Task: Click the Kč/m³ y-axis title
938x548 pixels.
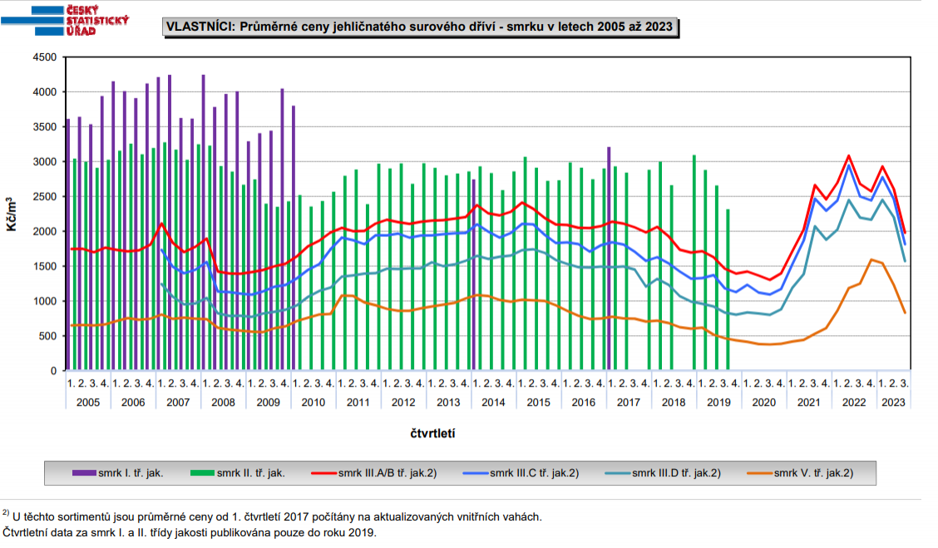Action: [13, 214]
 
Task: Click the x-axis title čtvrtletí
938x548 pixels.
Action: [432, 433]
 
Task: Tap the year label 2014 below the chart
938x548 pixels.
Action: [493, 402]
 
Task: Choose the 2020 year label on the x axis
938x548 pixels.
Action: [763, 402]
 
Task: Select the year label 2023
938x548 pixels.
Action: [893, 402]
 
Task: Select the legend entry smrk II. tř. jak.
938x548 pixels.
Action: [249, 473]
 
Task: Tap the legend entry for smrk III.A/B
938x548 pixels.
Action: [387, 473]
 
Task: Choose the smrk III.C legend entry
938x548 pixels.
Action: [533, 473]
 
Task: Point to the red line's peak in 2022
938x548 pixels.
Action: [848, 156]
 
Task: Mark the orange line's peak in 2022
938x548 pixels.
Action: [871, 259]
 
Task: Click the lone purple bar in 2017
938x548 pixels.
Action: [609, 258]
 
